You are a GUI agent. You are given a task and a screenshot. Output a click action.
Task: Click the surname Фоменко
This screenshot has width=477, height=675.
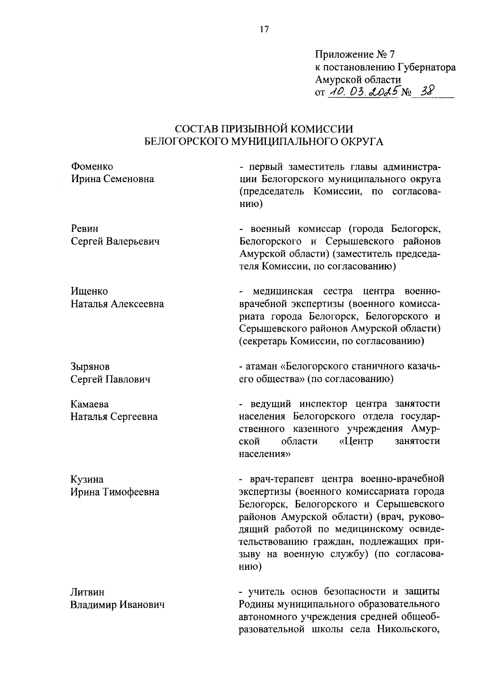click(x=92, y=166)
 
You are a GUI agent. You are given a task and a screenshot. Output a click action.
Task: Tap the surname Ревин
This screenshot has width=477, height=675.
click(x=85, y=229)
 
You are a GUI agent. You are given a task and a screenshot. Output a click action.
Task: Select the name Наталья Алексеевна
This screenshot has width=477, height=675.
click(x=117, y=304)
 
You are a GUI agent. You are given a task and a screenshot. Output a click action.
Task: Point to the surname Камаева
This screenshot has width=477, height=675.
click(x=90, y=404)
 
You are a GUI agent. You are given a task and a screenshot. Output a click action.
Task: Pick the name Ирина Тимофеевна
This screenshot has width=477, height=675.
click(x=115, y=492)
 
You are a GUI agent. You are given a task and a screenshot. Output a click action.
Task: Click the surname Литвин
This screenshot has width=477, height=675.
click(x=88, y=592)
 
